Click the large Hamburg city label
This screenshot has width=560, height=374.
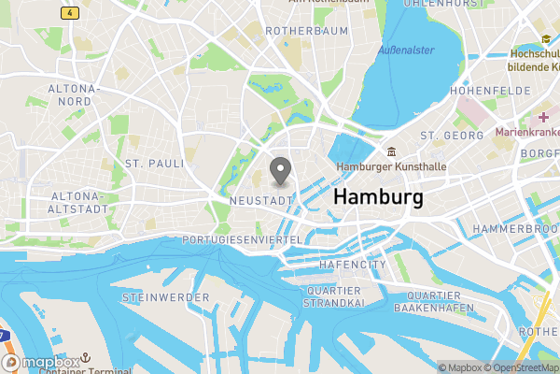[x=377, y=197]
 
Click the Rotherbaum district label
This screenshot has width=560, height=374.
[x=306, y=31]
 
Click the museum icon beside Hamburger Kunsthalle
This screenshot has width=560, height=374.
[x=391, y=152]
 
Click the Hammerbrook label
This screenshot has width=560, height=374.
[x=515, y=229]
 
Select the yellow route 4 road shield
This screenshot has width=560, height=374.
[x=70, y=12]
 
